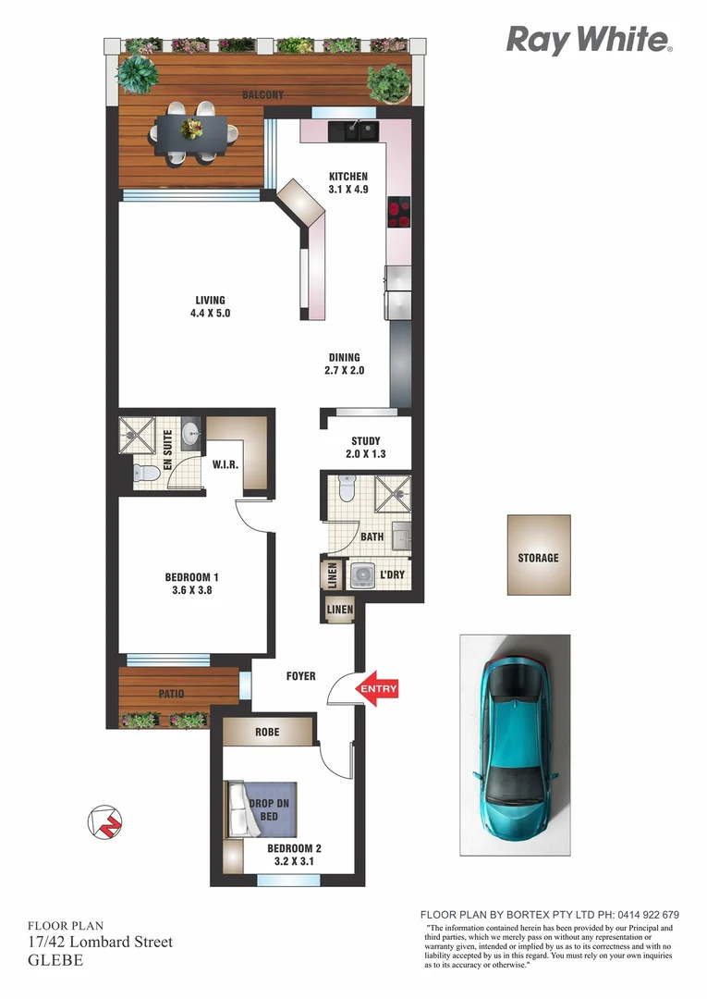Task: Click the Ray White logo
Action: click(589, 40)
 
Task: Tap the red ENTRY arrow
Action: click(378, 688)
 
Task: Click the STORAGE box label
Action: click(538, 558)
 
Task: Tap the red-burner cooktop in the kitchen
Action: click(399, 214)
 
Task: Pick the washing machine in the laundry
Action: click(361, 575)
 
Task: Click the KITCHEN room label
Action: click(348, 177)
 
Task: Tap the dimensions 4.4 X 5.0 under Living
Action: click(210, 314)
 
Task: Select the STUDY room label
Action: click(366, 441)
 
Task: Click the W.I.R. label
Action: click(226, 464)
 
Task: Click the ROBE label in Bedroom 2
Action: click(268, 732)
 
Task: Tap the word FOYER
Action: click(300, 676)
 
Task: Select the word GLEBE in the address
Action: click(55, 960)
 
